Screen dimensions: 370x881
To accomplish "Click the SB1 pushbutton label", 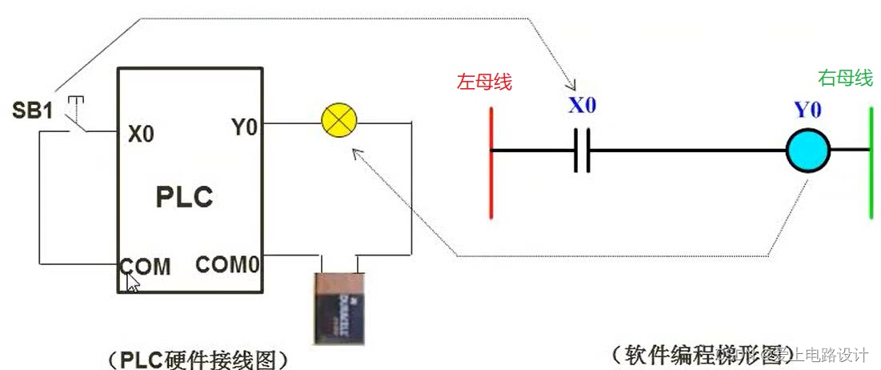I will point(32,111).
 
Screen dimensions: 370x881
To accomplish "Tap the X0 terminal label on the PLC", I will point(141,134).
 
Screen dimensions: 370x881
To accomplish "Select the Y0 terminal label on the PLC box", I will point(243,127).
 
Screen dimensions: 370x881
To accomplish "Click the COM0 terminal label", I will point(227,264).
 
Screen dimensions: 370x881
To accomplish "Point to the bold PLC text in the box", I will point(184,196).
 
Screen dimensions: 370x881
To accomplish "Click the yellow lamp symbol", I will point(338,123).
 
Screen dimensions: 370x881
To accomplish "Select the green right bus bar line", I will point(871,163).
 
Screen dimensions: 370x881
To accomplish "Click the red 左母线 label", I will point(484,82).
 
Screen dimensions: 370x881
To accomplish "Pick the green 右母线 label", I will point(844,78).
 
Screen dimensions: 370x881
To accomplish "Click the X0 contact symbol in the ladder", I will point(582,150).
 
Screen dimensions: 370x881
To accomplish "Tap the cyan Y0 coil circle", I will point(807,150).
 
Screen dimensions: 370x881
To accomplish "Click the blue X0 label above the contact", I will point(582,105).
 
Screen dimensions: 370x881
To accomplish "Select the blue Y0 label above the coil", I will point(807,110).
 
